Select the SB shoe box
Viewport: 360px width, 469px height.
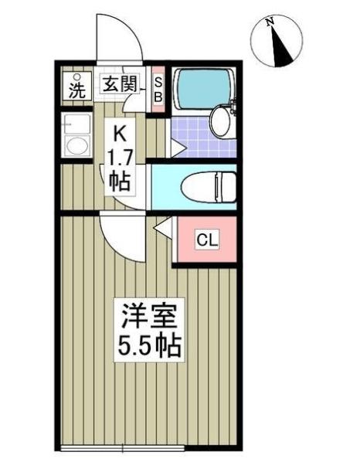pos(159,90)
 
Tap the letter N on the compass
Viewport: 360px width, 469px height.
pos(269,23)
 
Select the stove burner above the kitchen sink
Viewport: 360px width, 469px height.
pos(76,123)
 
